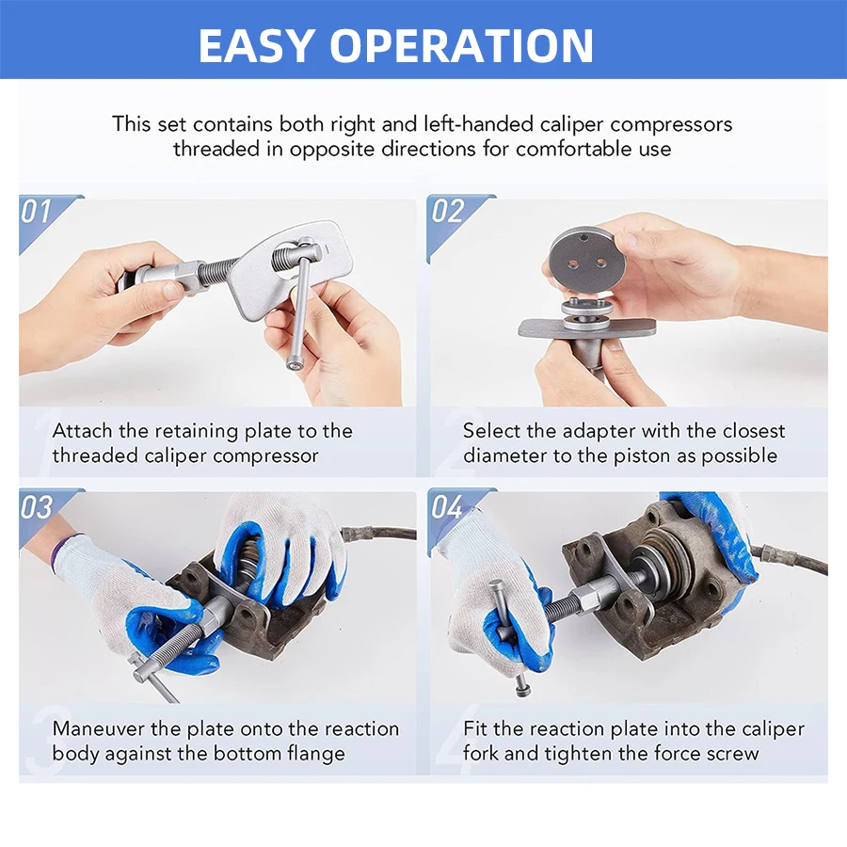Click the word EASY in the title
(x=257, y=45)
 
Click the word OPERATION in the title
(x=462, y=45)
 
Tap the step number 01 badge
(x=36, y=211)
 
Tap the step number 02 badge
(x=447, y=211)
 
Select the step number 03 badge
(x=36, y=506)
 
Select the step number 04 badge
(x=447, y=506)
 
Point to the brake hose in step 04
(x=790, y=557)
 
